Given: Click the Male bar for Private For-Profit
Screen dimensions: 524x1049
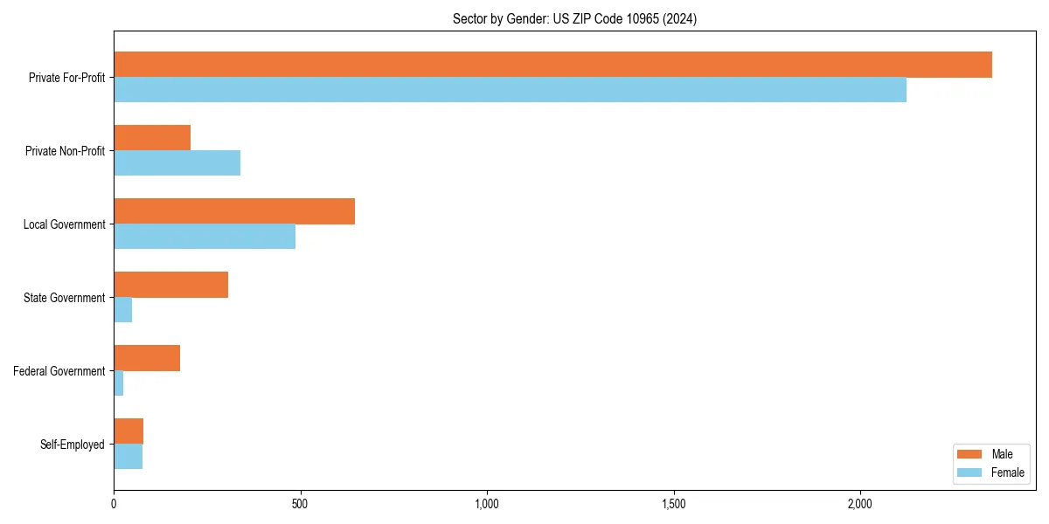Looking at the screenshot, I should pyautogui.click(x=552, y=65).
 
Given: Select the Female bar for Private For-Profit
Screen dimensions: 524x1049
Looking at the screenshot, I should pyautogui.click(x=510, y=90).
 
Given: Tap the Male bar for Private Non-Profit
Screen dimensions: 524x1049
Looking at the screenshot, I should pyautogui.click(x=152, y=138).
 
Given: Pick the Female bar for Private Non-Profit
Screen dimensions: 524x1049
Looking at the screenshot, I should pyautogui.click(x=177, y=163).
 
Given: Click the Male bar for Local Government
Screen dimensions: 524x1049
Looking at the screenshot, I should pyautogui.click(x=234, y=211).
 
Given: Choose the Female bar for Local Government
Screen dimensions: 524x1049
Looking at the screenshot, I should pyautogui.click(x=205, y=237).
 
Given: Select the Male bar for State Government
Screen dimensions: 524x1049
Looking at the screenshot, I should pyautogui.click(x=170, y=285).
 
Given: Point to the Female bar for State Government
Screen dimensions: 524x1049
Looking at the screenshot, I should pyautogui.click(x=123, y=310).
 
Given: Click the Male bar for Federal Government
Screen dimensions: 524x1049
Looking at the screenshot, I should pyautogui.click(x=147, y=358).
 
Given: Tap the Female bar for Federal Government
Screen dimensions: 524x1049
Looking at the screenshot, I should pyautogui.click(x=119, y=383).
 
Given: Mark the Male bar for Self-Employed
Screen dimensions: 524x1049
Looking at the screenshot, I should pyautogui.click(x=129, y=431).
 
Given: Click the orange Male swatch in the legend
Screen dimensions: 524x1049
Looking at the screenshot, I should pyautogui.click(x=969, y=454).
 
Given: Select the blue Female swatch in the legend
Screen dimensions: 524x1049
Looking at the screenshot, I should pyautogui.click(x=969, y=472).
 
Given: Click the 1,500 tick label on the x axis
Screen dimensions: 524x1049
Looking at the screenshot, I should pyautogui.click(x=673, y=504).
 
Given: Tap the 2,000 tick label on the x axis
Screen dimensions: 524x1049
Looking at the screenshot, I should pyautogui.click(x=860, y=504).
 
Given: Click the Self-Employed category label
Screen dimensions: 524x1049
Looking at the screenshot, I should pyautogui.click(x=73, y=445).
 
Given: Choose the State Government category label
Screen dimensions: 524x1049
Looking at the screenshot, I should pyautogui.click(x=65, y=298).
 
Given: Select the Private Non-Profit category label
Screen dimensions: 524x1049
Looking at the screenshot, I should pyautogui.click(x=65, y=151).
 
